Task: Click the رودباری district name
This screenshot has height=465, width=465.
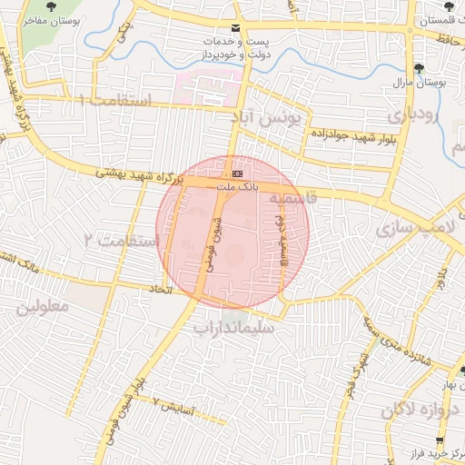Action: (413, 115)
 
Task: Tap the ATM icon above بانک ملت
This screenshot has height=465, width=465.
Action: (237, 172)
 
